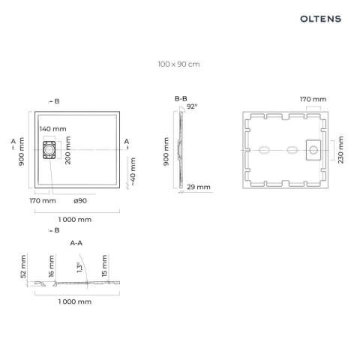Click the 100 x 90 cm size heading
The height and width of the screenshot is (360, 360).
[179, 64]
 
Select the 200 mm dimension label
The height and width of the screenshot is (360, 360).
[67, 151]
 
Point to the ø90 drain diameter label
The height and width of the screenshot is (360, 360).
[81, 201]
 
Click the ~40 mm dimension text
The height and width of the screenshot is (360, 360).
[133, 170]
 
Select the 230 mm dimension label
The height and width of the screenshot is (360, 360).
[341, 150]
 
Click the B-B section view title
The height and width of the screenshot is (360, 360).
[181, 98]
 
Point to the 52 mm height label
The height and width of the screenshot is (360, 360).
[23, 265]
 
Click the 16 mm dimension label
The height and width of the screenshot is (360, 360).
[51, 265]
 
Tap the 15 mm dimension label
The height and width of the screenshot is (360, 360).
[104, 265]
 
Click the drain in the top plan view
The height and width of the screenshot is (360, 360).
[50, 150]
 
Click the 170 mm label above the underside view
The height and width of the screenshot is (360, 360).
[313, 98]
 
